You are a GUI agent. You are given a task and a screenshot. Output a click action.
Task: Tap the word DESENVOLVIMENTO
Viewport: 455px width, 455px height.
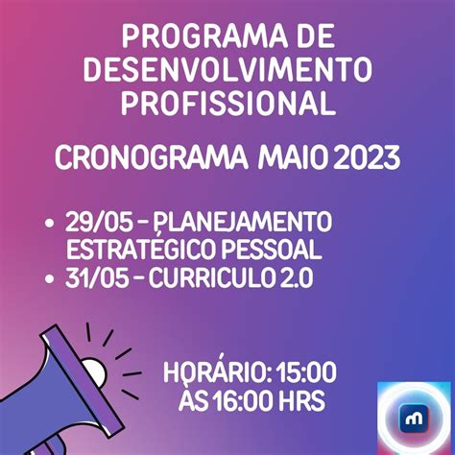pyautogui.click(x=227, y=70)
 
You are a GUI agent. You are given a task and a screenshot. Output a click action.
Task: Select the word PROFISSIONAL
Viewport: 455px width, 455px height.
pyautogui.click(x=227, y=102)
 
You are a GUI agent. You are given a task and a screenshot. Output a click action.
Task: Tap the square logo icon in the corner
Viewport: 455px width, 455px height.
pyautogui.click(x=413, y=418)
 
